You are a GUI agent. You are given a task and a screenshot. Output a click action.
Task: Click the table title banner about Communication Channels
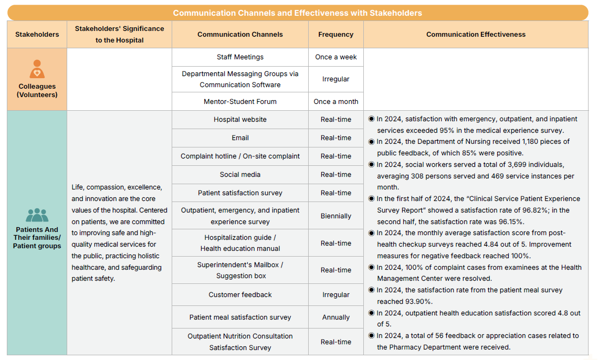click(x=297, y=13)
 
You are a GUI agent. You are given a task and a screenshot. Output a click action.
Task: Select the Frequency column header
click(x=335, y=35)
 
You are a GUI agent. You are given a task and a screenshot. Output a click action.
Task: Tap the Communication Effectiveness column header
click(x=475, y=35)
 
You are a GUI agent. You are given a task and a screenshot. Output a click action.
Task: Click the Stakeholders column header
click(x=37, y=35)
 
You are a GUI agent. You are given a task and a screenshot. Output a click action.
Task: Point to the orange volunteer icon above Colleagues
click(x=37, y=69)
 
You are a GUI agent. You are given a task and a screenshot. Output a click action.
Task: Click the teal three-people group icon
click(x=37, y=215)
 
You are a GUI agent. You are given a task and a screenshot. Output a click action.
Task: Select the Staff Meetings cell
click(x=240, y=57)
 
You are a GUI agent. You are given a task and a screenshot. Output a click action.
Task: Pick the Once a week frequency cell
click(x=335, y=57)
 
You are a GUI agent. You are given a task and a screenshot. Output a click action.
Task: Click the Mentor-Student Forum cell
click(x=240, y=102)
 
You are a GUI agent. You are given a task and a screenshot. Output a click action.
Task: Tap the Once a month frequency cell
click(x=335, y=102)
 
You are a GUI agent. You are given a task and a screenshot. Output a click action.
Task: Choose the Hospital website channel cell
click(x=240, y=120)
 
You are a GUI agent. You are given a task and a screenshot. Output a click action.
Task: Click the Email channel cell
click(x=240, y=138)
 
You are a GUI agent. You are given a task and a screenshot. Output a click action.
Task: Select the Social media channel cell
click(x=240, y=175)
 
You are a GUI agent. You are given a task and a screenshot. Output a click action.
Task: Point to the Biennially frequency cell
click(x=335, y=216)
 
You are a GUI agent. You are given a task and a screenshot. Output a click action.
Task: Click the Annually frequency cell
click(x=335, y=317)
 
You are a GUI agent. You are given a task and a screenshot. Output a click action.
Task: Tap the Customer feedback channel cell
click(x=240, y=295)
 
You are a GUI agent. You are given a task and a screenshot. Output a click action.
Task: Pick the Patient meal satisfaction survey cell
click(x=240, y=317)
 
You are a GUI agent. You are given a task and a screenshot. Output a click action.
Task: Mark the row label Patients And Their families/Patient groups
click(x=37, y=238)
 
